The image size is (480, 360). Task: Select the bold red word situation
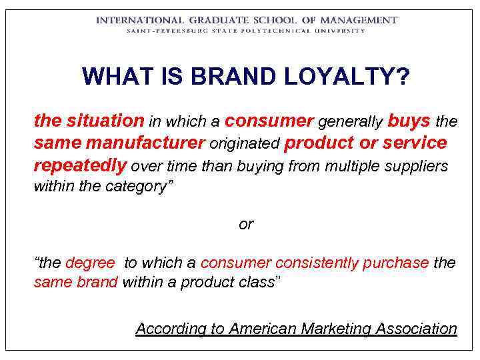pos(105,121)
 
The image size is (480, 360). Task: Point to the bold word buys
pos(409,121)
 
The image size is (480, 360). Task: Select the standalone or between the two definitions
pos(246,225)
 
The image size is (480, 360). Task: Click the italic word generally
pos(350,122)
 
